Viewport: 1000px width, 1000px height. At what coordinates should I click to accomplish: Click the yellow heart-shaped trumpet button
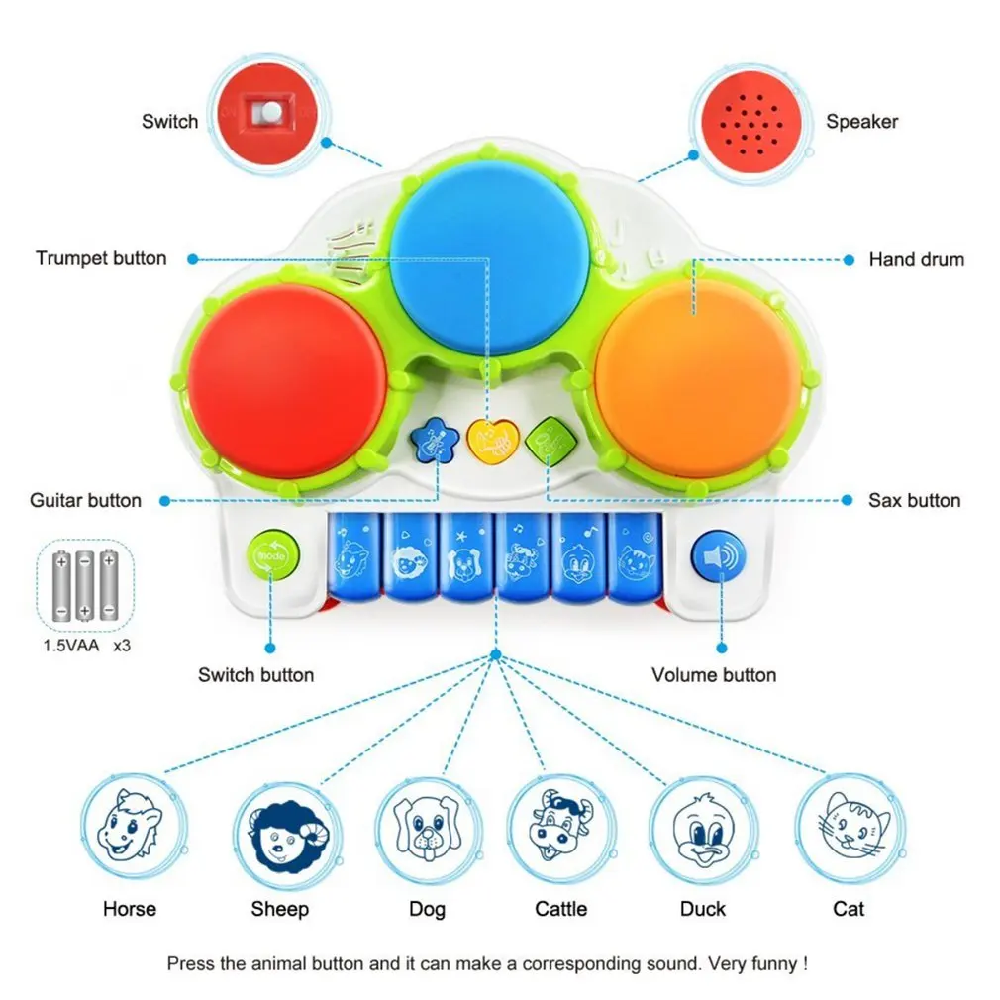[x=492, y=440]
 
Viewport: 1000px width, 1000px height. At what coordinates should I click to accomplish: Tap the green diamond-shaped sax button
[x=550, y=440]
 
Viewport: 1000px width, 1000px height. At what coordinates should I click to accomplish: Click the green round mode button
[x=273, y=554]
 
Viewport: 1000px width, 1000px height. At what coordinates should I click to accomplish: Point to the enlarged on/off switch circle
[x=268, y=115]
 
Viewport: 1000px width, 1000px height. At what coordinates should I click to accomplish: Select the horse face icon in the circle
[x=130, y=826]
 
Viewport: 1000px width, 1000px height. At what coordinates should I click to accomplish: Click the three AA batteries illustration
[x=85, y=585]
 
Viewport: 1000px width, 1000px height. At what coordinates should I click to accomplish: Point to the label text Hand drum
[x=917, y=259]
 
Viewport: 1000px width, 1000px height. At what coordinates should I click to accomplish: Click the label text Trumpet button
[x=101, y=258]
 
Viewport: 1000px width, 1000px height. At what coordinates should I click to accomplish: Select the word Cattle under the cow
[x=560, y=908]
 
